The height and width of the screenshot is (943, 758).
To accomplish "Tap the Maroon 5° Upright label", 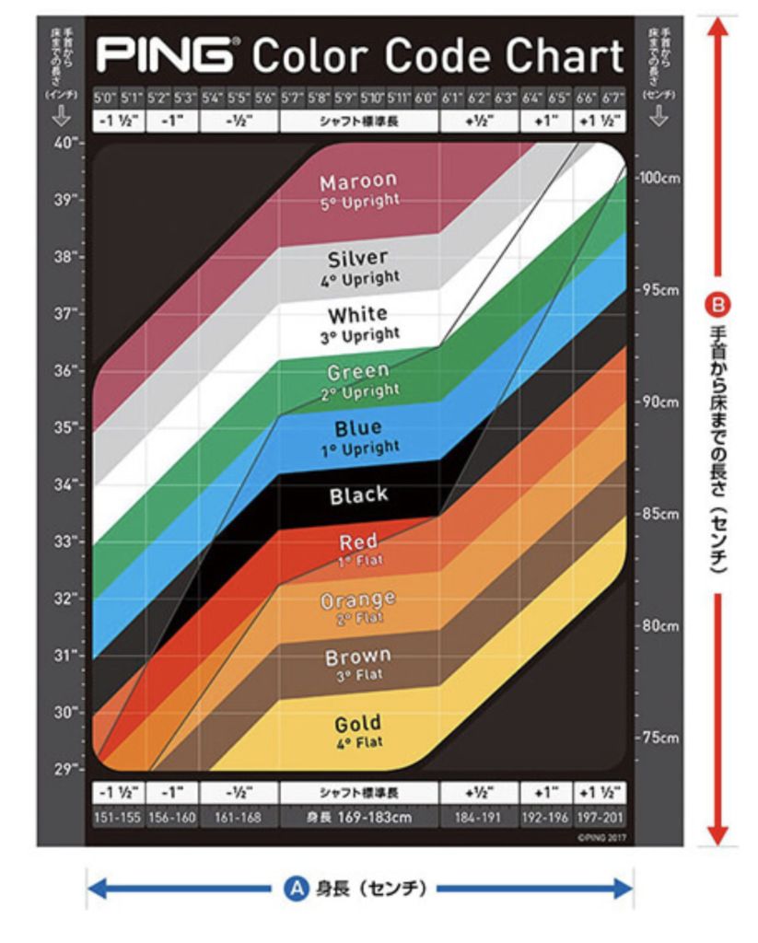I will pos(359,190).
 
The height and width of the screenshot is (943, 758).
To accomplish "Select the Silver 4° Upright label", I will pos(359,267).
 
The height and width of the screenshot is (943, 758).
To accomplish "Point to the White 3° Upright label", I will pos(359,324).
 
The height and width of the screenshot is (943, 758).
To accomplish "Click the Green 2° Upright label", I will pos(359,380).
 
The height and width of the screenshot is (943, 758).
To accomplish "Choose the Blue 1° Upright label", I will pos(359,437).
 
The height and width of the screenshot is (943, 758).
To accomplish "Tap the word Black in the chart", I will pos(359,495).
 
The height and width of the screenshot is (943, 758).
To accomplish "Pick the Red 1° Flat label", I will pos(359,550).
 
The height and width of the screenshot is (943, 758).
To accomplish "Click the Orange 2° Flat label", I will pos(359,608).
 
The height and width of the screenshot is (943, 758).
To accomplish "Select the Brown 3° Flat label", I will pos(359,665).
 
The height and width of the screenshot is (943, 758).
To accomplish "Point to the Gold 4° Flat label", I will pos(359,732).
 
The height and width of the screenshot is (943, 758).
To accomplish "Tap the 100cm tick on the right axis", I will pos(659,177).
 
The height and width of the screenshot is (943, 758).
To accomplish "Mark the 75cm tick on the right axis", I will pos(659,738).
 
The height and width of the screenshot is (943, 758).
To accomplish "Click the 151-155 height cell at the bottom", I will pos(118,817).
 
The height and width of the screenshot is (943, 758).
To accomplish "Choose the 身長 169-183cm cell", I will pos(359,817).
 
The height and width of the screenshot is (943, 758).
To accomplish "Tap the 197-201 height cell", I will pos(601,817).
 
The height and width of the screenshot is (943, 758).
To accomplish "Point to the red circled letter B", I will pos(720,301).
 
